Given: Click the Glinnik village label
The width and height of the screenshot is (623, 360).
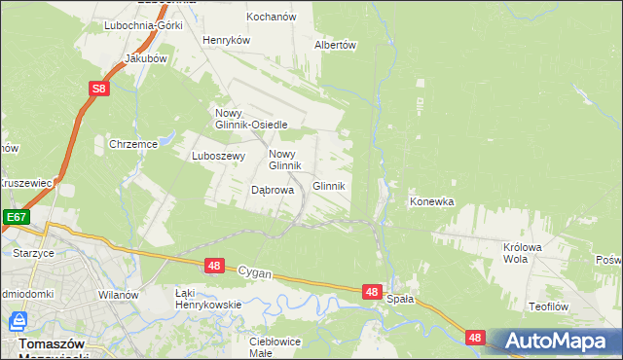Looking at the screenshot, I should (x=329, y=186).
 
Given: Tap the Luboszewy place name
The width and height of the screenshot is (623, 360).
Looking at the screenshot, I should (x=215, y=155).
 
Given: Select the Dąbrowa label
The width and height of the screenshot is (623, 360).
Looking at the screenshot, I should (x=273, y=191).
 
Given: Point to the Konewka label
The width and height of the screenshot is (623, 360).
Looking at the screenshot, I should (x=432, y=202).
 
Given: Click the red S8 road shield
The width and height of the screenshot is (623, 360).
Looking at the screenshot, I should (x=99, y=90).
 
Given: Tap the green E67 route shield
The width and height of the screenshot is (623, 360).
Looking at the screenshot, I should (x=15, y=217).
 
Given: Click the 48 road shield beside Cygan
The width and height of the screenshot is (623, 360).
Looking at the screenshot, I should (x=215, y=266).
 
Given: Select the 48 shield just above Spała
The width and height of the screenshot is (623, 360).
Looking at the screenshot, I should (x=371, y=291).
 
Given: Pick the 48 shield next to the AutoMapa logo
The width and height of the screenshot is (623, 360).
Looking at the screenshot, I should (x=474, y=338).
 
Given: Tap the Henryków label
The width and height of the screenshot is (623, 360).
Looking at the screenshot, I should (x=227, y=40).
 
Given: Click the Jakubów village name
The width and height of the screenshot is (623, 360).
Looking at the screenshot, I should (x=146, y=58).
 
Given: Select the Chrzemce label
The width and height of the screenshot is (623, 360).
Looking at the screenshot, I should (x=133, y=144).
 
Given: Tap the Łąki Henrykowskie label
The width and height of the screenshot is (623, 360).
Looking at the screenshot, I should (x=207, y=298).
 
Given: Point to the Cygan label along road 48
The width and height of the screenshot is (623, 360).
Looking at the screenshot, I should (x=255, y=274).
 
